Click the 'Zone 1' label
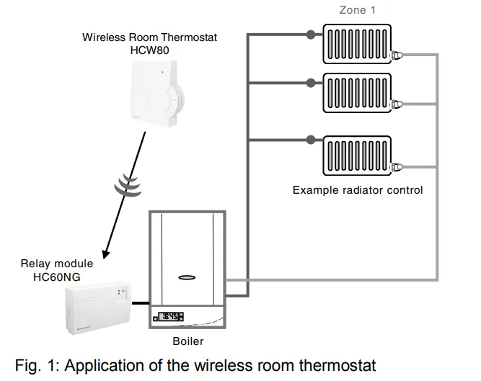tap(358, 10)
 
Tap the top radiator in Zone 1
tap(357, 45)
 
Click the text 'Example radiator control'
tap(358, 190)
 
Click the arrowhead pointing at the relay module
tap(106, 254)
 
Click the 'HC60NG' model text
tap(55, 276)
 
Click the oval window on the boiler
tap(187, 276)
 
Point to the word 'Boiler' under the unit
tap(187, 341)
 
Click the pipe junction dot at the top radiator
tap(309, 34)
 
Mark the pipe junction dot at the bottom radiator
tap(309, 138)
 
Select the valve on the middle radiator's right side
tap(396, 105)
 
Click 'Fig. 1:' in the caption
tap(37, 365)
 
